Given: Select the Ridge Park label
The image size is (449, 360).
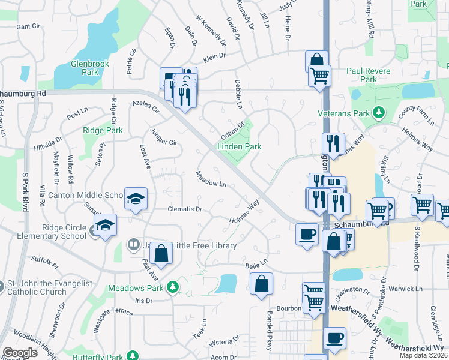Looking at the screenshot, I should click(x=103, y=130).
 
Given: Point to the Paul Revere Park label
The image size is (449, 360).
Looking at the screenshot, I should click(x=369, y=75).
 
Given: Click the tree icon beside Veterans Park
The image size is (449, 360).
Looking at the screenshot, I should click(x=378, y=112).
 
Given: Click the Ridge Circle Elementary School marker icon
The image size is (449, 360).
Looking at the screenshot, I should click(x=106, y=225).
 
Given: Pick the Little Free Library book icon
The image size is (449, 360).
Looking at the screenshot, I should click(x=133, y=245).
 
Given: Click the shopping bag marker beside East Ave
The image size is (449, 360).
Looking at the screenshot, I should click(x=161, y=253).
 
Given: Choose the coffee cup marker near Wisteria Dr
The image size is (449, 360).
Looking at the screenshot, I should click(x=334, y=338).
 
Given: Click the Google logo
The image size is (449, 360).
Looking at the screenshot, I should click(x=20, y=353).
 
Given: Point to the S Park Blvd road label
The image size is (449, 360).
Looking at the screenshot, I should click(x=25, y=191).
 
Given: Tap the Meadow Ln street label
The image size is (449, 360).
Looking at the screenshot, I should click(x=211, y=179).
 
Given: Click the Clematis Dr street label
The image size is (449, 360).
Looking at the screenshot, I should click(x=185, y=210).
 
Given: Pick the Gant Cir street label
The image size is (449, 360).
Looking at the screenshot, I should click(x=28, y=26).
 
